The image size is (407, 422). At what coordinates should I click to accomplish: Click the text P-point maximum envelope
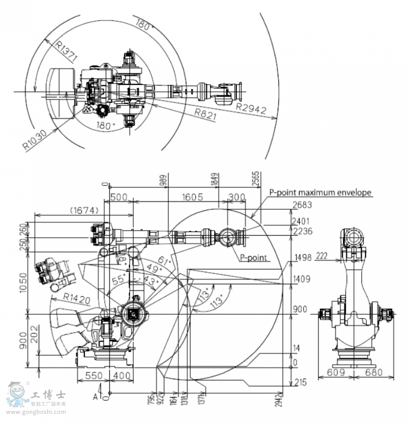321,192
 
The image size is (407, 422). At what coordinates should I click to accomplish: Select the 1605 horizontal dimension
193,197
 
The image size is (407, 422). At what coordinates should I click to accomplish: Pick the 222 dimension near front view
322,256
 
